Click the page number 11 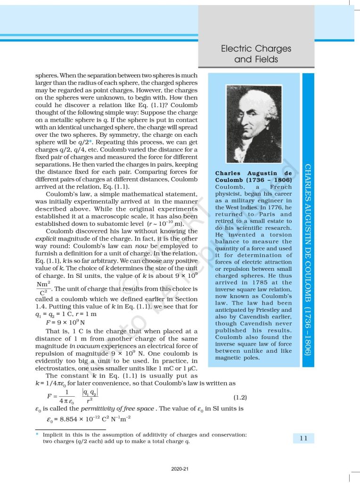click(x=303, y=438)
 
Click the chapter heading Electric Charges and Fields click(x=256, y=54)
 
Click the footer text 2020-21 click(x=180, y=469)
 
